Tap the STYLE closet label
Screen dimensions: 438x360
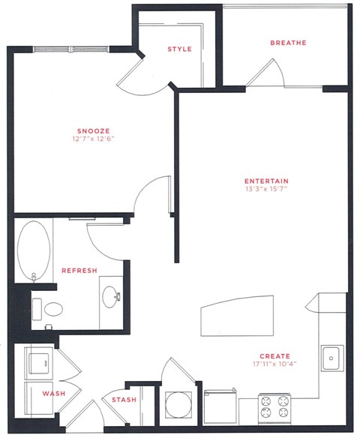pyautogui.click(x=179, y=49)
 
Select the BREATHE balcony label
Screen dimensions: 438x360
pyautogui.click(x=288, y=43)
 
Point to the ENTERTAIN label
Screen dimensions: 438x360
pyautogui.click(x=268, y=181)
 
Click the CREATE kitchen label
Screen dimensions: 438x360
pyautogui.click(x=274, y=355)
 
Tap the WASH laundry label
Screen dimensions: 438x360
pyautogui.click(x=52, y=393)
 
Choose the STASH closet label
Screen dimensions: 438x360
pyautogui.click(x=124, y=400)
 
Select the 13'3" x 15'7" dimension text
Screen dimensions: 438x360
pyautogui.click(x=268, y=190)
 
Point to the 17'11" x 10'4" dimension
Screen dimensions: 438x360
pyautogui.click(x=274, y=365)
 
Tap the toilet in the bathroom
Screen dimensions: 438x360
pyautogui.click(x=51, y=308)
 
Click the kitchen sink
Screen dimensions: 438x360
pyautogui.click(x=331, y=358)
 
